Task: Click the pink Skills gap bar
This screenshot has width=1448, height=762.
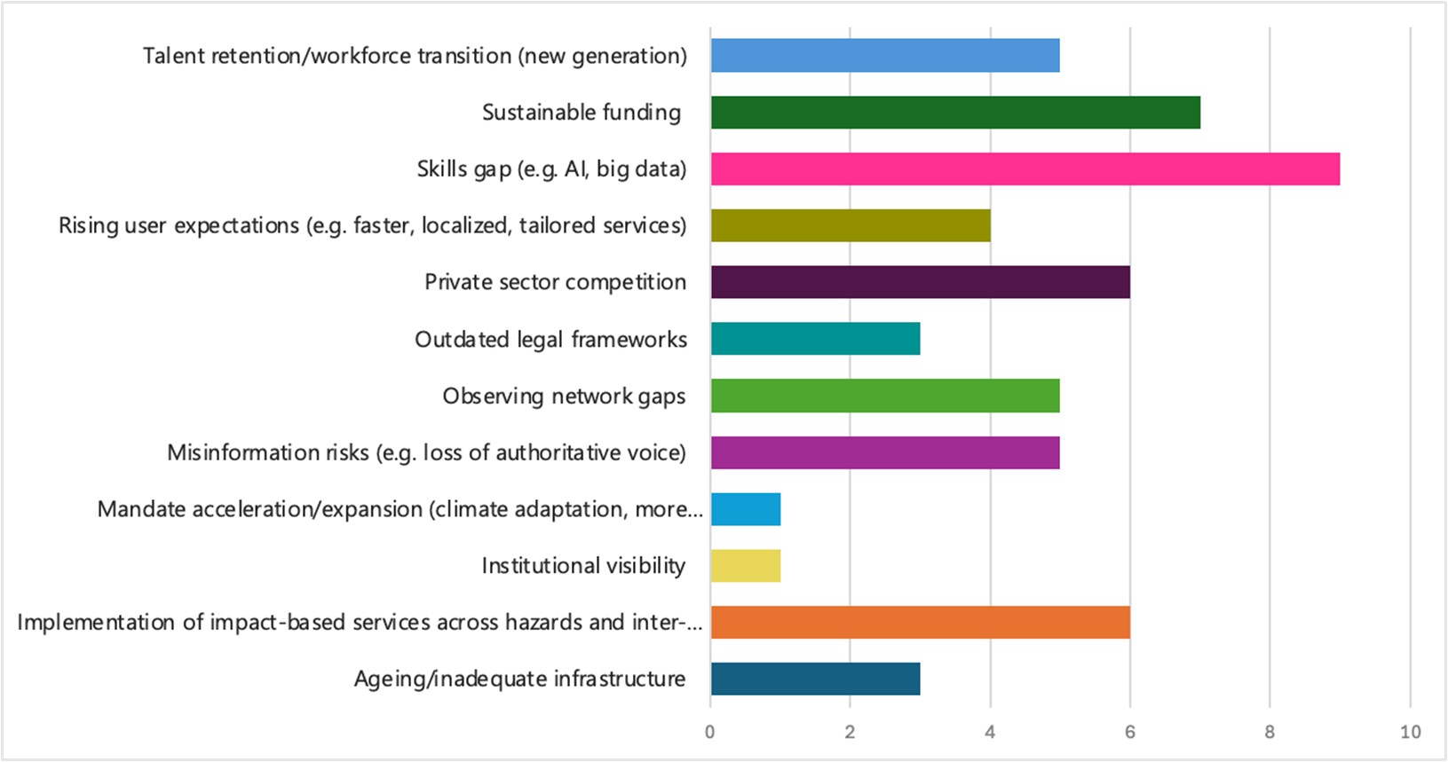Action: pyautogui.click(x=1025, y=169)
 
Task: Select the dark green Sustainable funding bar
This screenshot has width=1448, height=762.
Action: pyautogui.click(x=955, y=113)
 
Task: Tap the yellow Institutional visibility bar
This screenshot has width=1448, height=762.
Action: pyautogui.click(x=746, y=566)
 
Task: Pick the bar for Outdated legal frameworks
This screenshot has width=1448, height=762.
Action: pyautogui.click(x=815, y=339)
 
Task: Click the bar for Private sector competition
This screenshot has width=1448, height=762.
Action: pyautogui.click(x=920, y=282)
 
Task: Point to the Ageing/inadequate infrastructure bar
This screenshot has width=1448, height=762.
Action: pyautogui.click(x=815, y=679)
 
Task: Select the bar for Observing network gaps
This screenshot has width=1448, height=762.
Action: pyautogui.click(x=885, y=396)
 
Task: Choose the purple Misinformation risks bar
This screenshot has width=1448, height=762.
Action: pyautogui.click(x=885, y=452)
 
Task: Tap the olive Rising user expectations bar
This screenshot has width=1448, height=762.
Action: pyautogui.click(x=851, y=225)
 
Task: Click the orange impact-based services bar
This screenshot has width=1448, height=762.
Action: pyautogui.click(x=920, y=622)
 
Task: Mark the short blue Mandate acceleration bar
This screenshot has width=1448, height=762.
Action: pyautogui.click(x=746, y=509)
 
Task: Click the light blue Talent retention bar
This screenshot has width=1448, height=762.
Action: pyautogui.click(x=885, y=56)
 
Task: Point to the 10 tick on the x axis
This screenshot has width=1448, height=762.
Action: pyautogui.click(x=1410, y=732)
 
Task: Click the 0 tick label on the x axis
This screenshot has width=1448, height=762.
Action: pyautogui.click(x=710, y=732)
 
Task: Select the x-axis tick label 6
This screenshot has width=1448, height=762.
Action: pyautogui.click(x=1130, y=732)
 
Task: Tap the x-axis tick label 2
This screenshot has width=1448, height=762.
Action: pyautogui.click(x=851, y=732)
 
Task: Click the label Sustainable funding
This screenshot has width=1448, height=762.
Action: pyautogui.click(x=582, y=113)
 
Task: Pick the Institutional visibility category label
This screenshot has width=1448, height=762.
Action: pyautogui.click(x=583, y=566)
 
